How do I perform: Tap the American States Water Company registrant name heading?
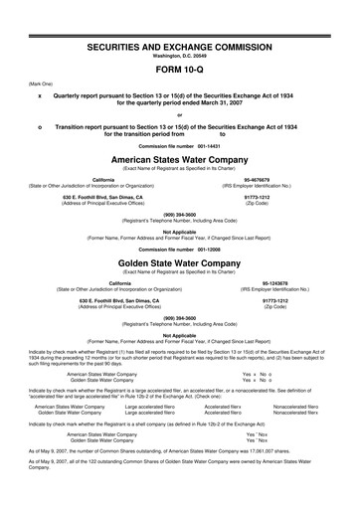click(x=180, y=159)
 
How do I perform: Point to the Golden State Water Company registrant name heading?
click(x=180, y=264)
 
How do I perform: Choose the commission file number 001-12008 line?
click(x=180, y=249)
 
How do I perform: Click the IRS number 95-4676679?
click(x=275, y=180)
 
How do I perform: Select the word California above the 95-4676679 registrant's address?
click(x=102, y=180)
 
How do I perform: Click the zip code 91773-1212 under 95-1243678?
click(x=275, y=300)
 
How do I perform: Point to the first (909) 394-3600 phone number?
click(x=180, y=216)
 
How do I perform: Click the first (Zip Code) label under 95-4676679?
click(x=275, y=204)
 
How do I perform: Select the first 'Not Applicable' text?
click(x=180, y=232)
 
